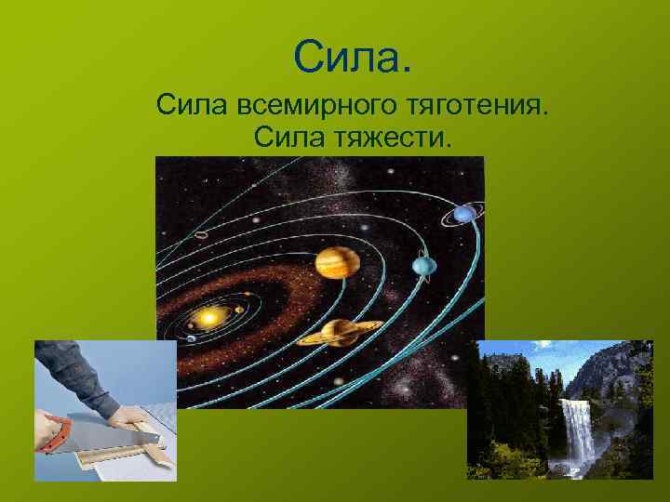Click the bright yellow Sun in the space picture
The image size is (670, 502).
click(x=208, y=317)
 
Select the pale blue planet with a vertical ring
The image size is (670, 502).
click(x=424, y=265)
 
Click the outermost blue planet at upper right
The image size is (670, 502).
click(x=464, y=214)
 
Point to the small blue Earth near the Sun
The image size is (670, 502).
click(x=191, y=338)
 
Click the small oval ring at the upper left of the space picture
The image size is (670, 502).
click(x=201, y=238)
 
